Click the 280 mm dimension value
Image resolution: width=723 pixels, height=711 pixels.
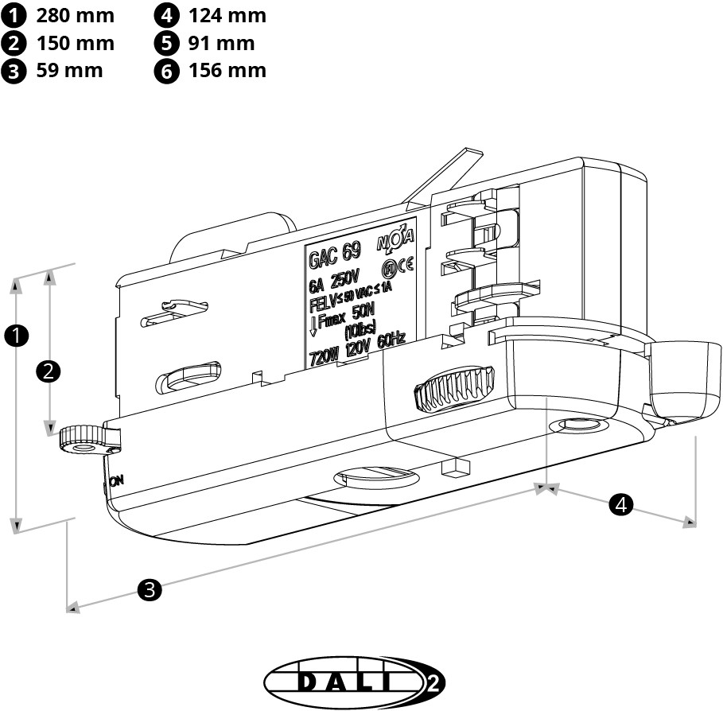pos(75,15)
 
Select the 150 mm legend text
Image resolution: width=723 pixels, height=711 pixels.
pos(75,43)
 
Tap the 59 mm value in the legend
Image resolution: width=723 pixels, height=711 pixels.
pos(69,70)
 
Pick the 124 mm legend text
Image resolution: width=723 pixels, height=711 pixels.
pos(227,15)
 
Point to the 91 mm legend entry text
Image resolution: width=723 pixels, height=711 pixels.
pos(222,43)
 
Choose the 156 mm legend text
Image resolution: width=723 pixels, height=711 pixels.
pos(227,70)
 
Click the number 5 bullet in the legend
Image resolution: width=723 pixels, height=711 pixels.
pos(166,43)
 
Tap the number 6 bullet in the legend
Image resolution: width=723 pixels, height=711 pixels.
pos(166,71)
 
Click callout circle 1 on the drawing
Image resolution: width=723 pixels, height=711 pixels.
pos(16,336)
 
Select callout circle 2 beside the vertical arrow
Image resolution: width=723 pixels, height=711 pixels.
pos(49,371)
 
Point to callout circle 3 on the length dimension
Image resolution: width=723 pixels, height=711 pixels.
pos(150,589)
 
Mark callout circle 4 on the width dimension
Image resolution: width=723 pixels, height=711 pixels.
pos(621,503)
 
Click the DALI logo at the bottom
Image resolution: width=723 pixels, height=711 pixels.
pos(354,682)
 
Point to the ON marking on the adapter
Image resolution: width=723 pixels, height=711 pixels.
pos(116,480)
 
